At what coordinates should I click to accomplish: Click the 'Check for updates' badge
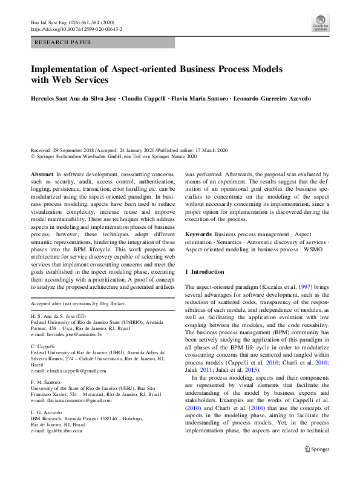(320, 25)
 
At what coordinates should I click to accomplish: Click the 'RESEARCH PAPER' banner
(64, 42)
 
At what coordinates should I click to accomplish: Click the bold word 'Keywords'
(198, 234)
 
